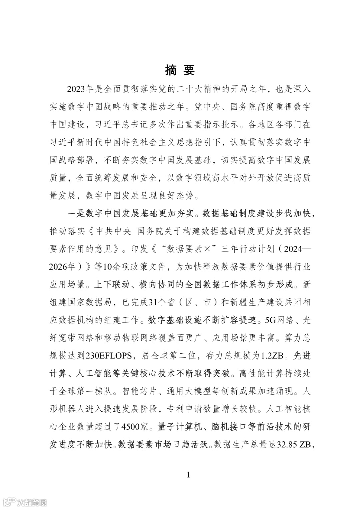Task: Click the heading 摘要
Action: [180, 70]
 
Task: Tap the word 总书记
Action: [144, 124]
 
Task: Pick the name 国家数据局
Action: [90, 302]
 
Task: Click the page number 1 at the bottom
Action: [188, 475]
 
